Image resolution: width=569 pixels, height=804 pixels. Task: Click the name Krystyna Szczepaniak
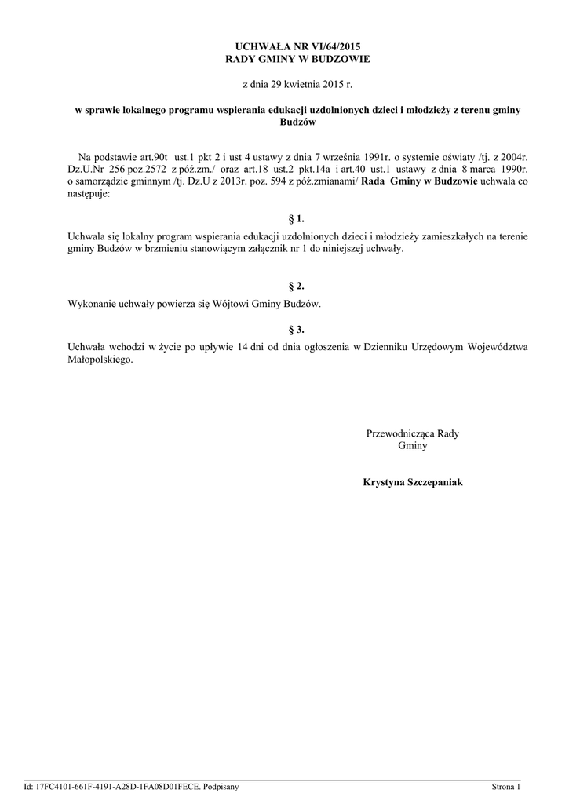(x=413, y=481)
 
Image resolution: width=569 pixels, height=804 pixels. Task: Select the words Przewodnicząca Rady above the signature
(x=413, y=433)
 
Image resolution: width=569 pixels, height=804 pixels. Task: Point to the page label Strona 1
(x=505, y=786)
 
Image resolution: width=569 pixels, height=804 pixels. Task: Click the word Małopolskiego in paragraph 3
(x=101, y=361)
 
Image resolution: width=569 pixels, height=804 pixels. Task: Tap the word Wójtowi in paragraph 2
(x=229, y=303)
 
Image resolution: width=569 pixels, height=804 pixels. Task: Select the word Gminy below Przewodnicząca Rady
(x=413, y=445)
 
